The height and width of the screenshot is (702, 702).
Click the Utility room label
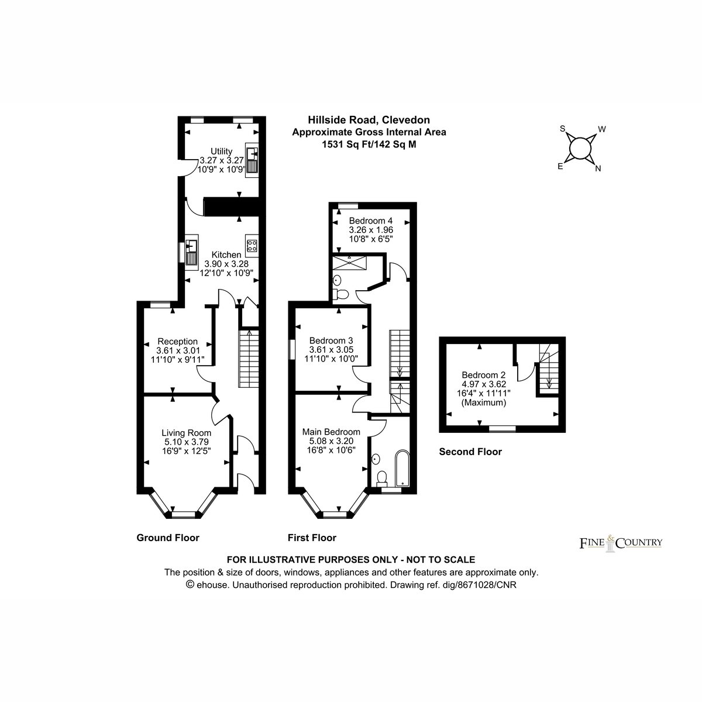pyautogui.click(x=222, y=151)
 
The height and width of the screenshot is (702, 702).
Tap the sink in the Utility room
pyautogui.click(x=252, y=160)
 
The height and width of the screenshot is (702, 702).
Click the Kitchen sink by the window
pyautogui.click(x=191, y=252)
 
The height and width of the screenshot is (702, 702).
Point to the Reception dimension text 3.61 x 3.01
pyautogui.click(x=178, y=350)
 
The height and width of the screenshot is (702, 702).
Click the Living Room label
pyautogui.click(x=187, y=433)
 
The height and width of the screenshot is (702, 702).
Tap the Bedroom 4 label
pyautogui.click(x=371, y=221)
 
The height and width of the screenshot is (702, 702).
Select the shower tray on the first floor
pyautogui.click(x=349, y=263)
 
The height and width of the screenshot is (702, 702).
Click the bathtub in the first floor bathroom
pyautogui.click(x=402, y=469)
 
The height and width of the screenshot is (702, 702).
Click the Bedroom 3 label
pyautogui.click(x=331, y=340)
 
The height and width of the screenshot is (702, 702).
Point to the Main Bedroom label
pyautogui.click(x=331, y=432)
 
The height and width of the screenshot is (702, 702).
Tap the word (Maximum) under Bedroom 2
pyautogui.click(x=483, y=402)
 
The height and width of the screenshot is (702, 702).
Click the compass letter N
pyautogui.click(x=598, y=168)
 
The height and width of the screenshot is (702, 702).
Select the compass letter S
pyautogui.click(x=562, y=129)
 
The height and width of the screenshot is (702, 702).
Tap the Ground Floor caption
pyautogui.click(x=168, y=538)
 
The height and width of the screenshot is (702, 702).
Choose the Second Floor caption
pyautogui.click(x=470, y=452)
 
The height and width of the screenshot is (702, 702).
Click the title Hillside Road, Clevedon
pyautogui.click(x=369, y=120)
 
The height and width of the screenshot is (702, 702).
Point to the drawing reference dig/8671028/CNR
pyautogui.click(x=480, y=585)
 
